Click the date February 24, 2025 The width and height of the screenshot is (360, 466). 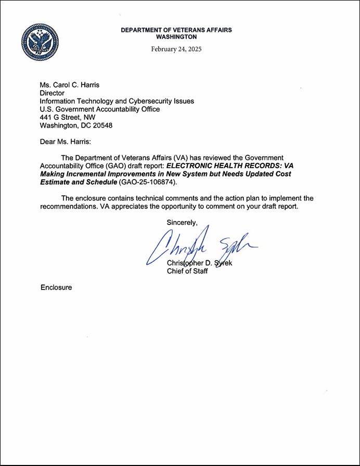pos(176,49)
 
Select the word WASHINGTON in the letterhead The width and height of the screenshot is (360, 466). pos(176,37)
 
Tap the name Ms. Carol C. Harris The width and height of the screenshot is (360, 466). pos(70,85)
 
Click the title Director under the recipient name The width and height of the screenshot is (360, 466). pos(53,93)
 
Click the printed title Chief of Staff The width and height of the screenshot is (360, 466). pos(187,271)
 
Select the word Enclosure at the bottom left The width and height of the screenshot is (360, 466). pos(56,287)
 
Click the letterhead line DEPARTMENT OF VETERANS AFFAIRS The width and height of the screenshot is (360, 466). pos(176,30)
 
